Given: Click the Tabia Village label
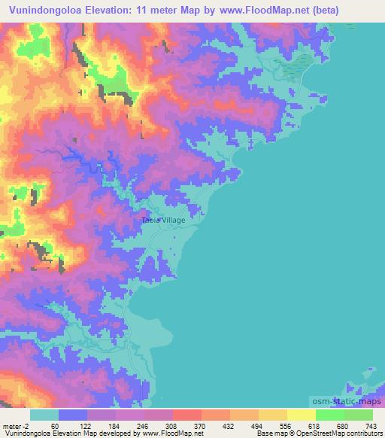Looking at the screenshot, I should point(163,220).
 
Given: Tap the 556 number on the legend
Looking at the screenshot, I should point(284,426).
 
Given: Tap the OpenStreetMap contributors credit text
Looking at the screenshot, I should point(343,433).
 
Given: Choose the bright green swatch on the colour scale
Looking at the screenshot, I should point(329,415).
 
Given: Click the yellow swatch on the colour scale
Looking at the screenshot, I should point(272,415).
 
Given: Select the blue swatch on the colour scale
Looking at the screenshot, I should point(73,415).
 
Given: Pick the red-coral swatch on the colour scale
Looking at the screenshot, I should point(186,415).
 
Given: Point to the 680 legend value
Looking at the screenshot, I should point(342,426).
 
